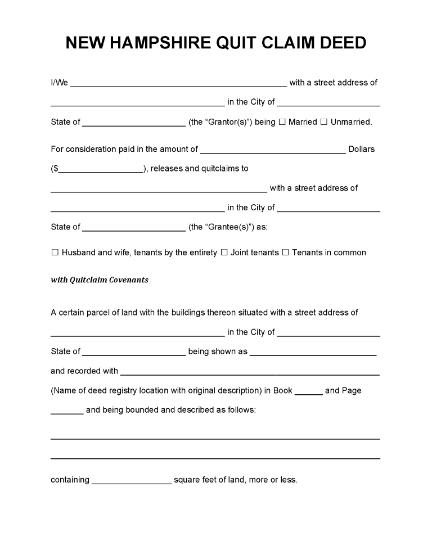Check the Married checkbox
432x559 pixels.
point(282,121)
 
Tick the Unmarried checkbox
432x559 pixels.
point(324,121)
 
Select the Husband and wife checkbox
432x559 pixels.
point(55,253)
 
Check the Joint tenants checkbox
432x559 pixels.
point(224,253)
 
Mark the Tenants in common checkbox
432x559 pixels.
point(285,253)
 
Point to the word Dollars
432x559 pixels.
point(362,149)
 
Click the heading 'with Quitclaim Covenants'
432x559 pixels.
point(100,279)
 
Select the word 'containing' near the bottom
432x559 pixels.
point(70,480)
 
